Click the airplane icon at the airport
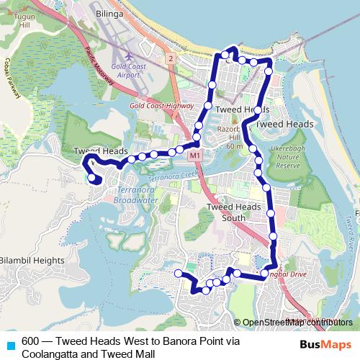(x=129, y=55)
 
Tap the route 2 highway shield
(x=170, y=58)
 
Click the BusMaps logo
(x=325, y=344)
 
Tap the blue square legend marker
(x=10, y=344)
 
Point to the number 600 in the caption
(x=31, y=341)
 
